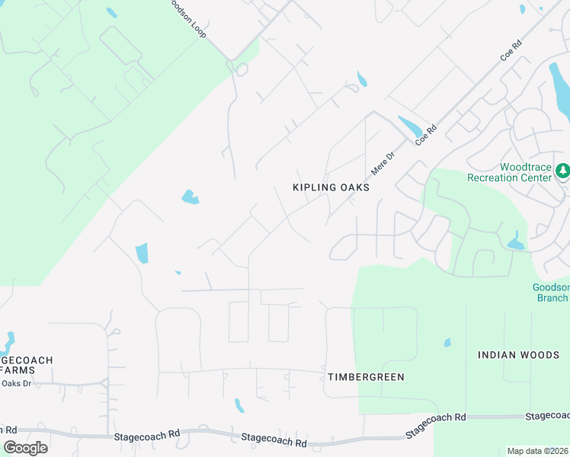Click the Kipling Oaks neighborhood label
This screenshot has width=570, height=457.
pos(331,187)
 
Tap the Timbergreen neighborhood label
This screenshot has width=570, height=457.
pos(366,377)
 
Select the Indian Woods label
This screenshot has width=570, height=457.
pos(518,355)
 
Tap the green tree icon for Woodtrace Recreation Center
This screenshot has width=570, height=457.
pos(563,171)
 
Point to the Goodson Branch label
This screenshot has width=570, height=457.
pos(549,292)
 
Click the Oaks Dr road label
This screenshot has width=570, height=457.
pos(16,383)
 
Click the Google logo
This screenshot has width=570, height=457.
pos(24,448)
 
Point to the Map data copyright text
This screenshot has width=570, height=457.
pos(537,451)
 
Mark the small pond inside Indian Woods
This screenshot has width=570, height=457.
pos(447,343)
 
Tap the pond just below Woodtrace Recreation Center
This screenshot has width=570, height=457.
pos(516,244)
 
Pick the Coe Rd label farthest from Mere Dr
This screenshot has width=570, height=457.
pos(511,50)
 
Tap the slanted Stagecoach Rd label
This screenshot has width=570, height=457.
pos(435,424)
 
